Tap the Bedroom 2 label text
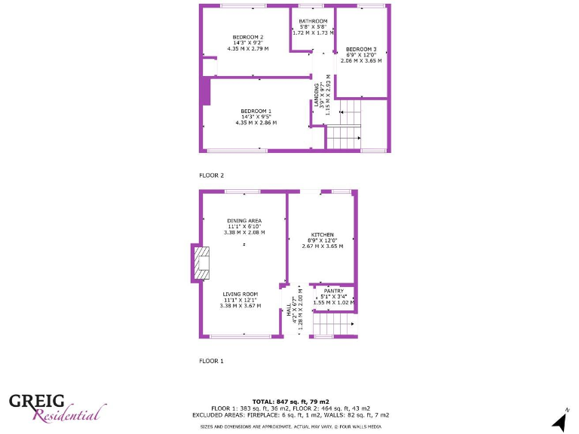point(247,37)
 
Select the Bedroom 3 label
point(361,49)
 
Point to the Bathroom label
point(313,21)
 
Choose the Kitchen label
point(322,234)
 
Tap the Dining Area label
point(244,220)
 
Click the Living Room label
point(240,294)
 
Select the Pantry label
point(333,291)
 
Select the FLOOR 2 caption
point(211,175)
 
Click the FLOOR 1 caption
point(211,361)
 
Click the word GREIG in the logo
point(36,400)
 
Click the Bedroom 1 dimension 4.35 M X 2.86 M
point(256,122)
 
